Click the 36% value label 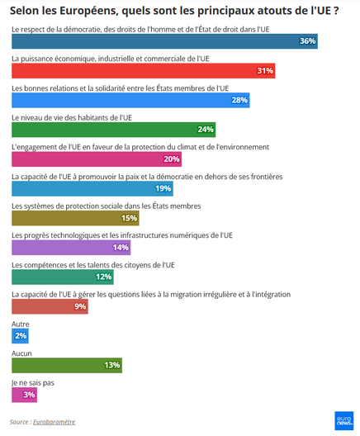[307, 41]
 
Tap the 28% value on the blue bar [239, 100]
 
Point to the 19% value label [163, 188]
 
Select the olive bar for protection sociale [75, 218]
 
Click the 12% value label [103, 277]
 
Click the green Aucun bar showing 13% [67, 365]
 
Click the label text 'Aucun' [22, 353]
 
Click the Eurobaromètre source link [54, 422]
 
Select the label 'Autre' [21, 324]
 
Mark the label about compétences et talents [92, 264]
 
